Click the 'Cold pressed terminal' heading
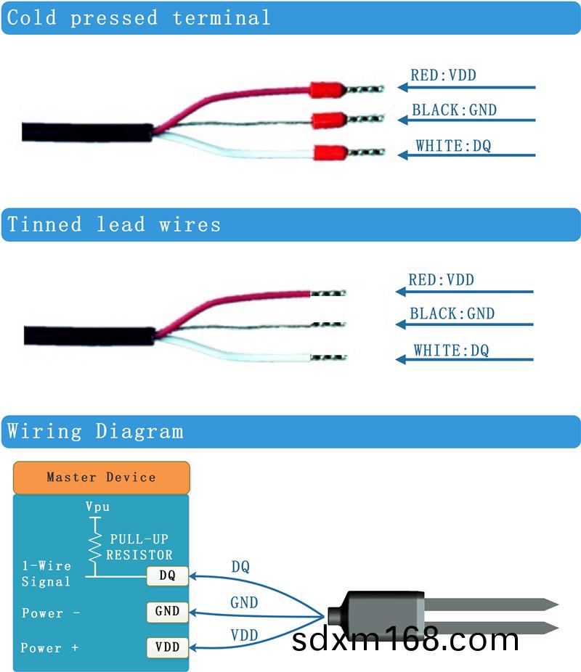click(x=139, y=17)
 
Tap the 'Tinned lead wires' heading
click(x=114, y=224)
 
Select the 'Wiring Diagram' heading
click(x=95, y=432)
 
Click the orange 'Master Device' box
click(x=101, y=478)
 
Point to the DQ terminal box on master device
click(x=167, y=576)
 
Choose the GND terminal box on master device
click(x=167, y=611)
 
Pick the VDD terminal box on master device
click(x=167, y=646)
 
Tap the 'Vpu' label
click(x=97, y=507)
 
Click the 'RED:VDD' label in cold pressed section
click(x=443, y=75)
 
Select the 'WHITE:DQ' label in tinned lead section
click(x=451, y=351)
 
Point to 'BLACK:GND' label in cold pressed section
click(x=454, y=110)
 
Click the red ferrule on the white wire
click(x=329, y=153)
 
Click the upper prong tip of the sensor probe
click(x=552, y=603)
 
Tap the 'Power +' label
click(x=49, y=647)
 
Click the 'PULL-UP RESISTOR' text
click(x=139, y=547)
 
